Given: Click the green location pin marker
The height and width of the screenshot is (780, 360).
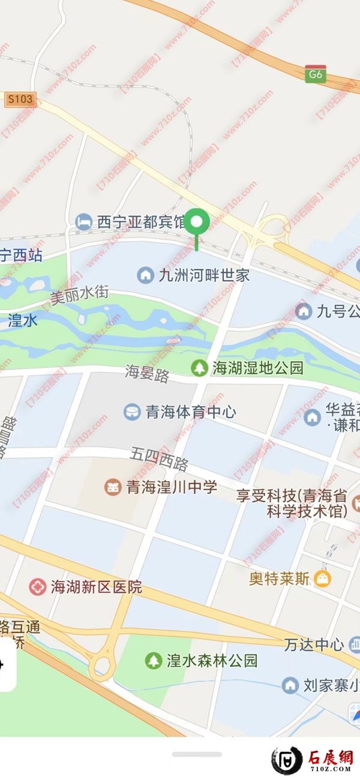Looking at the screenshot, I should point(197,223).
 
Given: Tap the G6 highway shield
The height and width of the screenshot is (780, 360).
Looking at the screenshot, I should point(316,74).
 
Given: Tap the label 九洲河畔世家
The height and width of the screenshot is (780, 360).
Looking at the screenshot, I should point(203,276).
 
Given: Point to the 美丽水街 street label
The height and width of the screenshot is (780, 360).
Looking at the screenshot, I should point(79,295).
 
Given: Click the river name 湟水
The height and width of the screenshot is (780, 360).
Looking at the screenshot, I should point(23,321).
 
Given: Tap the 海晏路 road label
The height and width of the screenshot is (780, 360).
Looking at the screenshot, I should point(148,374).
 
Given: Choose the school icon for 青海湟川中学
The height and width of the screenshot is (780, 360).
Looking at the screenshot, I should point(113,487).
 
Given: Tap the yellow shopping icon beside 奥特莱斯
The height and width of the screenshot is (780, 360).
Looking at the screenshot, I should point(323,579).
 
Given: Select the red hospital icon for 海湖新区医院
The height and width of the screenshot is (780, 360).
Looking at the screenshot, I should point(37,587).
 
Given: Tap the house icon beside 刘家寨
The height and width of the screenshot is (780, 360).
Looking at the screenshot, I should point(290,685).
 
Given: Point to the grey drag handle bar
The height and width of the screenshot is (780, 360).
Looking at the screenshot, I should point(197,754).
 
